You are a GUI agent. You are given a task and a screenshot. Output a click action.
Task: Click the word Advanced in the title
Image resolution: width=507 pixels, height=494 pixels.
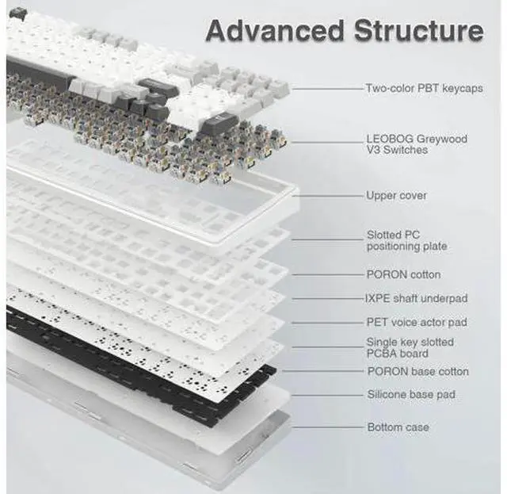click(275, 31)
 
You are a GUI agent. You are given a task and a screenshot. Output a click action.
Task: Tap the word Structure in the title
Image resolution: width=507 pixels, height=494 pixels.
click(419, 31)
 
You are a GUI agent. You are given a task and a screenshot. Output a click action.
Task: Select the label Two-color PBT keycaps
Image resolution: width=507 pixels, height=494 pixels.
click(425, 88)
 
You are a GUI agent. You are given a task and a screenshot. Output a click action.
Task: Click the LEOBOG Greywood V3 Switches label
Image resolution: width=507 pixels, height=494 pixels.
click(417, 144)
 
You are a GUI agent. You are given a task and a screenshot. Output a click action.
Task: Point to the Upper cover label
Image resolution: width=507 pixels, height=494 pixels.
click(396, 196)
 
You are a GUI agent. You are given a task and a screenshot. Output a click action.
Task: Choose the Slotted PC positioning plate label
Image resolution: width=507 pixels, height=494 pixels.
click(406, 240)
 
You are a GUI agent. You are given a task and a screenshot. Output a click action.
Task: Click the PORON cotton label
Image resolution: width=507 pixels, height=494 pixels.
click(403, 274)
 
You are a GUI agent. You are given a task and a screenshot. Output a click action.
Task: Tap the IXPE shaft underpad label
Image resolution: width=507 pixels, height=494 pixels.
click(417, 298)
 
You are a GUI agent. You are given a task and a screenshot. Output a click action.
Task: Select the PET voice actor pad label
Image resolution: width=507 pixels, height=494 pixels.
click(417, 322)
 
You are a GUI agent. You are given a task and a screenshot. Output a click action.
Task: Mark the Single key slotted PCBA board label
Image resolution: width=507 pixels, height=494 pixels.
click(410, 347)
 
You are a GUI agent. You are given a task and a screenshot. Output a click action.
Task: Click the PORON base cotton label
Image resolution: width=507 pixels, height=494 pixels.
click(418, 371)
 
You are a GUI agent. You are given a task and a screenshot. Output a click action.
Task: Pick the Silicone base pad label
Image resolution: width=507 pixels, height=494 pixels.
click(411, 395)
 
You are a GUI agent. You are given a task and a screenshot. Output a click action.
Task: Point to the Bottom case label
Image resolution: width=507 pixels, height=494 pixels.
click(398, 427)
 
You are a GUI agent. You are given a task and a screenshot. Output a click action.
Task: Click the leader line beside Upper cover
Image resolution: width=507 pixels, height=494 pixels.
click(328, 196)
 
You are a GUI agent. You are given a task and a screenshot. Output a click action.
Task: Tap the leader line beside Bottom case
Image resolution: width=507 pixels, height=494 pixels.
click(328, 427)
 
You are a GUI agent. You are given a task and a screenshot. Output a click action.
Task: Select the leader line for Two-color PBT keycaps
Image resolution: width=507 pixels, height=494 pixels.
click(328, 88)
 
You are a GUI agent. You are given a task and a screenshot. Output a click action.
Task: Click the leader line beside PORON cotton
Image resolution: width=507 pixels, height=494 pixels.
click(328, 275)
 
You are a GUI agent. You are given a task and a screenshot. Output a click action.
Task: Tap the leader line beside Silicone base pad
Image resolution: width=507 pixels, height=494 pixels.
click(328, 395)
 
